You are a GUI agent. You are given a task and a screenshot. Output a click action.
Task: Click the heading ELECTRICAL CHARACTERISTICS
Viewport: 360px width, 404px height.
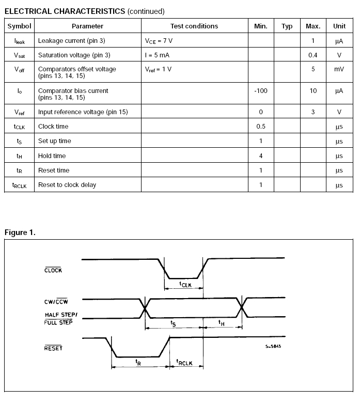click(65, 11)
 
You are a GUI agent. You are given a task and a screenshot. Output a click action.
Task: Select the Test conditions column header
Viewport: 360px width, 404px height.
click(194, 26)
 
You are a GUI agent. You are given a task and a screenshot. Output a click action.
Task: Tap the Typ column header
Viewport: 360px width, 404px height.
click(287, 26)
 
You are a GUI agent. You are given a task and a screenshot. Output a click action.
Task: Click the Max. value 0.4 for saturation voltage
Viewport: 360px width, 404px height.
click(312, 55)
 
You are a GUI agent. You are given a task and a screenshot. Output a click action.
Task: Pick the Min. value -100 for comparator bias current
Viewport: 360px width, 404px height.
click(261, 91)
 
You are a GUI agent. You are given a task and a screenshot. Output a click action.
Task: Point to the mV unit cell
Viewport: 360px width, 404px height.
click(339, 69)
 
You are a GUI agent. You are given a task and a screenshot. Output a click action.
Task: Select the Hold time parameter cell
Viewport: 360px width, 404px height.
click(52, 156)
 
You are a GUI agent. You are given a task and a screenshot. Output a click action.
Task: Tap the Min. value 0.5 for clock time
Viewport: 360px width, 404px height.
click(261, 126)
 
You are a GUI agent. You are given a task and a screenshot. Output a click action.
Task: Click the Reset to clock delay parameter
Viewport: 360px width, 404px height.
click(67, 185)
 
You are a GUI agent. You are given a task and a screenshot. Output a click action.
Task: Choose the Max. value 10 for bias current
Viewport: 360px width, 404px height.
click(312, 91)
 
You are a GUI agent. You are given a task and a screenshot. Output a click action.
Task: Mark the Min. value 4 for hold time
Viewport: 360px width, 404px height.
click(261, 156)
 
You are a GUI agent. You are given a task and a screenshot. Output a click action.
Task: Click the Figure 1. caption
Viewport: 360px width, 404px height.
click(20, 232)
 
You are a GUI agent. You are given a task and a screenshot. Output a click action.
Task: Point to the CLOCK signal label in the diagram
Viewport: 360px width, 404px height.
click(53, 270)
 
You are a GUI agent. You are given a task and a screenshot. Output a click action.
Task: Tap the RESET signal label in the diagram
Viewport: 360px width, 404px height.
click(53, 348)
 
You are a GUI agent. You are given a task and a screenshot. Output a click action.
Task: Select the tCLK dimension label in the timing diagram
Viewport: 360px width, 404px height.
click(185, 284)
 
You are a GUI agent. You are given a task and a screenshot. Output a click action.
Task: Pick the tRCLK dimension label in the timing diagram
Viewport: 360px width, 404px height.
click(184, 363)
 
